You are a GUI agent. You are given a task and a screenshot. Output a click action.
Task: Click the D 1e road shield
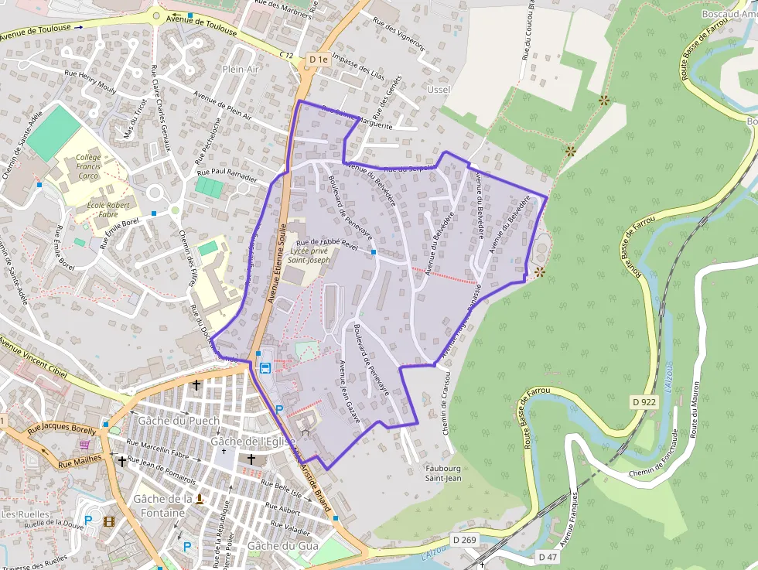318,59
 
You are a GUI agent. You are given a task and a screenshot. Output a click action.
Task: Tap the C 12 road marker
287,54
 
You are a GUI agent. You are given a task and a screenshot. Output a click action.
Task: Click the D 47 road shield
548,557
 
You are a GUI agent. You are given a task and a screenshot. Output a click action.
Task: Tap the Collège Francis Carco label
88,166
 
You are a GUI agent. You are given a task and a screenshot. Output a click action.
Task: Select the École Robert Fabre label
113,210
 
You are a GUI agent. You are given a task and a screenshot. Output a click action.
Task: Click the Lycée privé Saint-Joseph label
309,255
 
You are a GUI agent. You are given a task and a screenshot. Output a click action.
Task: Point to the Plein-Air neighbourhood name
241,69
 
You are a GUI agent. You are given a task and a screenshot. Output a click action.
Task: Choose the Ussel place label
439,90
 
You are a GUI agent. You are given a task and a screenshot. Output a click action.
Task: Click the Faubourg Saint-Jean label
443,473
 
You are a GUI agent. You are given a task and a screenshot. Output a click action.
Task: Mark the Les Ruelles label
26,514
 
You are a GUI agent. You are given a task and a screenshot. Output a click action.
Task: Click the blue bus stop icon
265,367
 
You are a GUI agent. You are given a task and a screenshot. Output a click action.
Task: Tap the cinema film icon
108,521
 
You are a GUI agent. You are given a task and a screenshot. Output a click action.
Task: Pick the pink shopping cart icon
84,445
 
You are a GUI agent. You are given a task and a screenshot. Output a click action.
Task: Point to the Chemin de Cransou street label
446,403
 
